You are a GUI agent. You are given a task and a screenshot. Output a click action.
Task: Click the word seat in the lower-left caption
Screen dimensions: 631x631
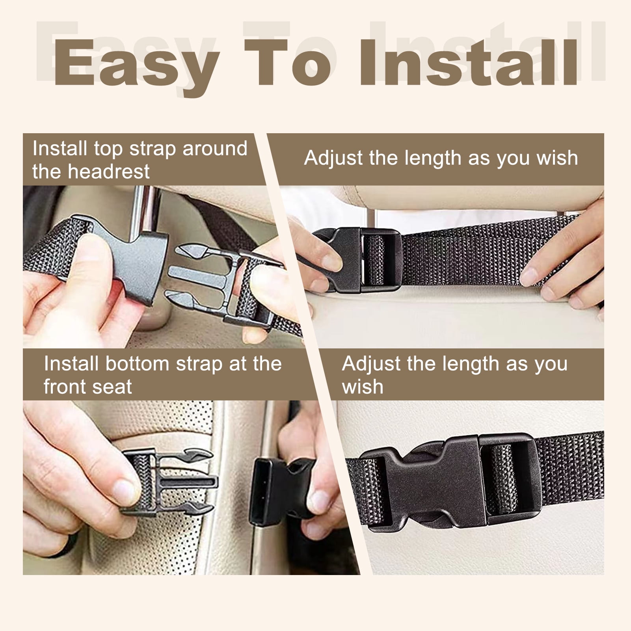pos(112,387)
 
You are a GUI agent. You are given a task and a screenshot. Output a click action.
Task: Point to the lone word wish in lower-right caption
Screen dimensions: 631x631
pos(363,387)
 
